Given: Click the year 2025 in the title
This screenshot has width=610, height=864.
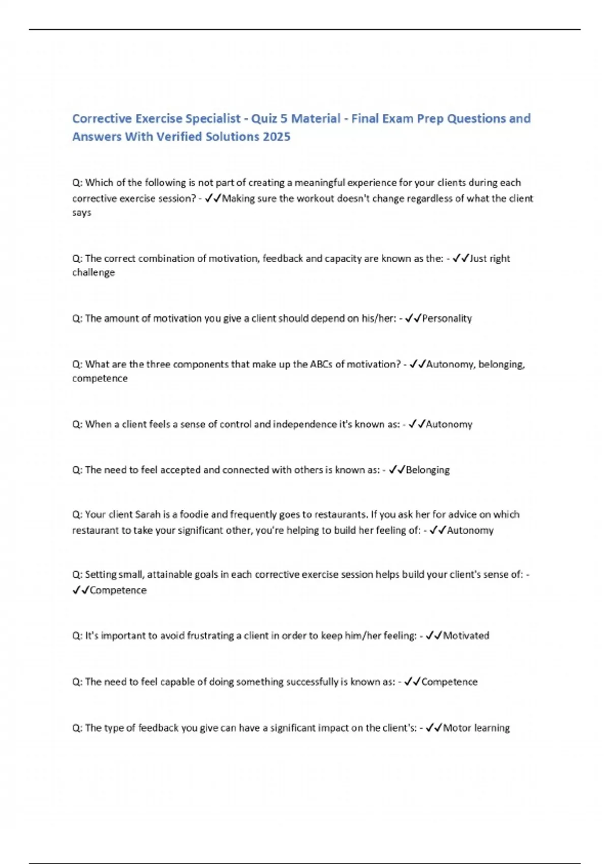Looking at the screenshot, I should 277,137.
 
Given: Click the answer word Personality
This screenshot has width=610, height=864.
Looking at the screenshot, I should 447,319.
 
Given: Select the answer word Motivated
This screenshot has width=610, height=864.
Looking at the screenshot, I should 466,636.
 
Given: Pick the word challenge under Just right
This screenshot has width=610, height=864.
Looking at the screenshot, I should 94,272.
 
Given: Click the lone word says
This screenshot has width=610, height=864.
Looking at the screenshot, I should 82,212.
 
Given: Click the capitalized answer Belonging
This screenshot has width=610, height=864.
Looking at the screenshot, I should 428,470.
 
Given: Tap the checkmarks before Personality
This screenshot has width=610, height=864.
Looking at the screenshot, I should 413,319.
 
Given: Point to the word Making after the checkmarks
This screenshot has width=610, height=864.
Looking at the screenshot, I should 238,198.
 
